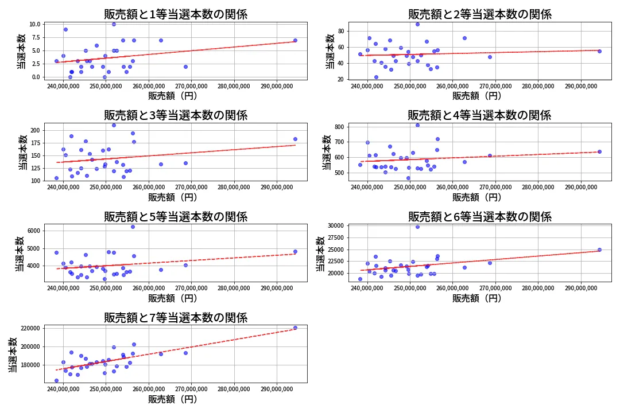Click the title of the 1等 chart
coord(176,15)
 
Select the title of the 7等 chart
coord(176,318)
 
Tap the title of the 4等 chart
coord(479,116)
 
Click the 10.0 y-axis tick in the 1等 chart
coord(34,24)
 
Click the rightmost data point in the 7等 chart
coord(295,328)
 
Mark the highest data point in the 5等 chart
coord(133,227)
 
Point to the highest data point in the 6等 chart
coord(417,227)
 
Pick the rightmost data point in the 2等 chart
coord(599,51)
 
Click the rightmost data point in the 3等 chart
coord(295,139)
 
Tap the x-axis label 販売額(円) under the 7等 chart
coord(173,399)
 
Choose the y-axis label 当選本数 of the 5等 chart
coord(19,254)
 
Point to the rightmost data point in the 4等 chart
coord(599,151)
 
